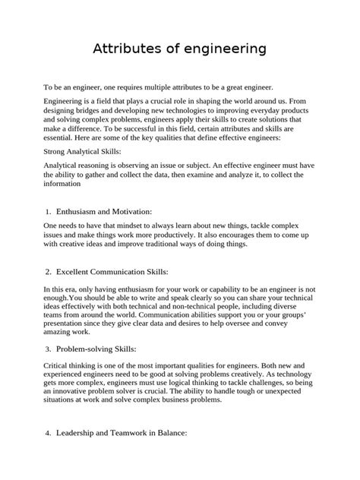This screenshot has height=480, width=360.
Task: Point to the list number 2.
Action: [x=48, y=271]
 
